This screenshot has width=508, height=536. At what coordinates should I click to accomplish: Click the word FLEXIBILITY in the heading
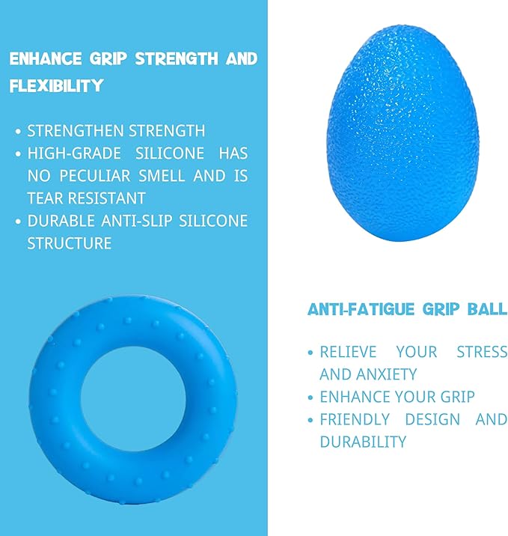tap(56, 86)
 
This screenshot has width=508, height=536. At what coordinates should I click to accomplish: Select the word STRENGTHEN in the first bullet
tap(65, 131)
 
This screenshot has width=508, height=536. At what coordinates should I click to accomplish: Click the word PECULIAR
tap(100, 176)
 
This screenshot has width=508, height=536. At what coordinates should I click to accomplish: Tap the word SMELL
tap(166, 176)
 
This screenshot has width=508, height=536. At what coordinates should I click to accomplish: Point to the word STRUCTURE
tap(70, 243)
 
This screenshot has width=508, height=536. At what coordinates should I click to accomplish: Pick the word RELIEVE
tap(349, 352)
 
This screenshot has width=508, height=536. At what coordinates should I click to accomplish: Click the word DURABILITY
tap(363, 442)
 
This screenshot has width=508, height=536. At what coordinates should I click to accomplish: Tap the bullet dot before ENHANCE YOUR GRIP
tap(310, 398)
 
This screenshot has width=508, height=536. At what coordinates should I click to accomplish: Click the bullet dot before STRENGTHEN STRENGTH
tap(18, 132)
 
